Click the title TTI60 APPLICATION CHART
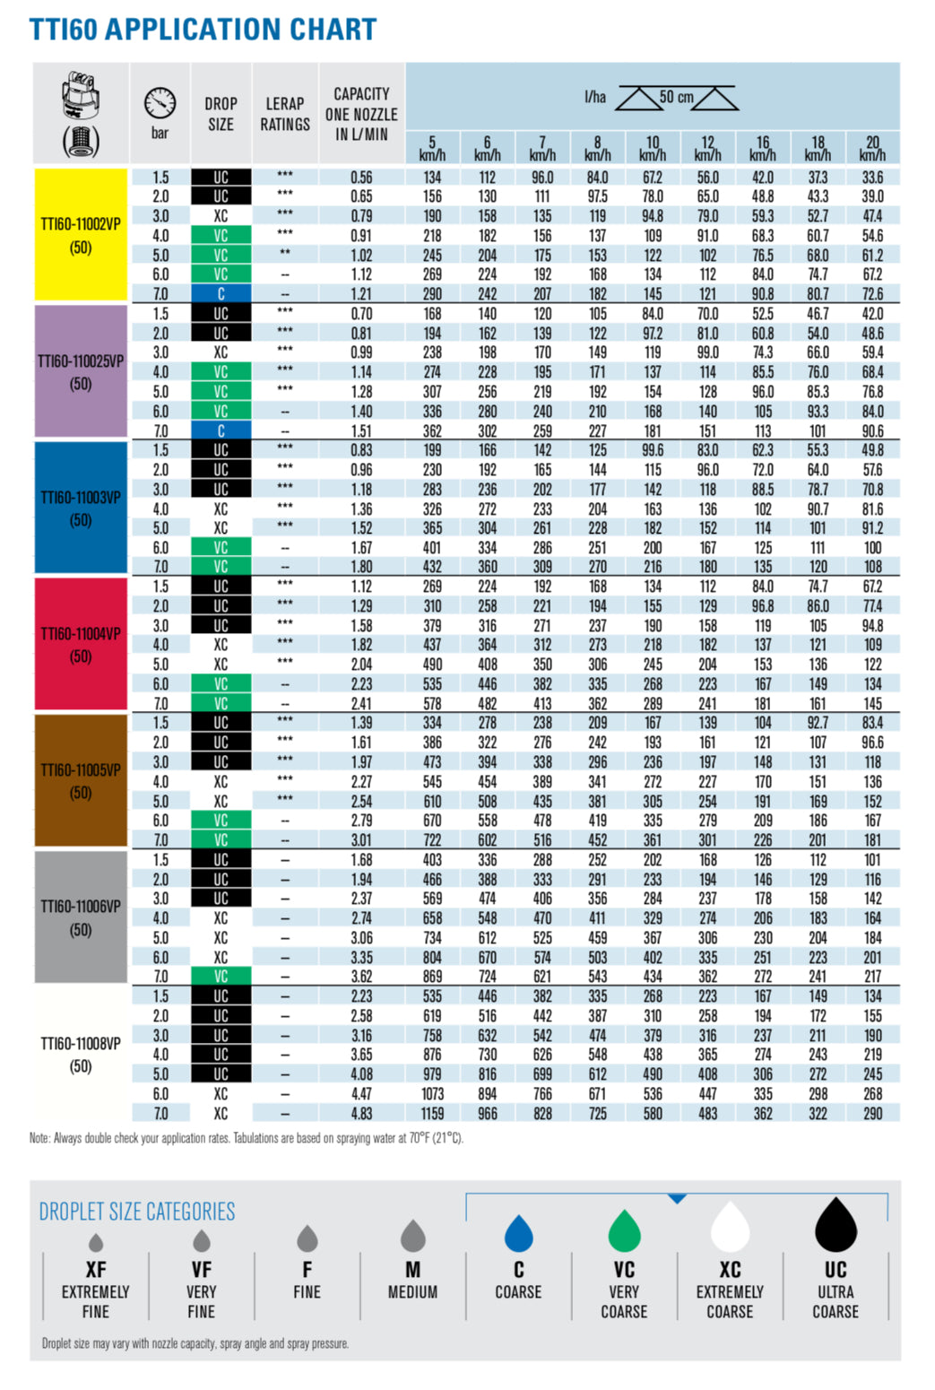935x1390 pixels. (x=203, y=30)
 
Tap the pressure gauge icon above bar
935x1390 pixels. (x=160, y=103)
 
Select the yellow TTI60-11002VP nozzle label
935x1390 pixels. (x=81, y=235)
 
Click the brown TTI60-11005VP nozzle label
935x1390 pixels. (x=81, y=780)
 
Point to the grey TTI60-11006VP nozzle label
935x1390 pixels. (x=81, y=917)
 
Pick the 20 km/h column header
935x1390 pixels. (x=872, y=148)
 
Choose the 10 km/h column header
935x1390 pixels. (x=653, y=148)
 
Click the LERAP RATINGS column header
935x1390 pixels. (x=285, y=114)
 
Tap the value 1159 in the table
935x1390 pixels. (x=432, y=1114)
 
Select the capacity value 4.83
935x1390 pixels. (x=361, y=1114)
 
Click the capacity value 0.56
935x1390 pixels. (x=361, y=178)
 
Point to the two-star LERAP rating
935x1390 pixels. (x=285, y=255)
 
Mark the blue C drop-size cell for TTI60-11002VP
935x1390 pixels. (x=221, y=294)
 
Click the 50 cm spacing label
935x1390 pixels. (x=677, y=97)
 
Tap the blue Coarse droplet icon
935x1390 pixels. (x=519, y=1233)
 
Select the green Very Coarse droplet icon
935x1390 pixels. (x=624, y=1231)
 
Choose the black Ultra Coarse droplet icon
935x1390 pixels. (x=835, y=1226)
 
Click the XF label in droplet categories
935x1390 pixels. (x=96, y=1270)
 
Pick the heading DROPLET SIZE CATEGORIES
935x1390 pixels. (x=137, y=1212)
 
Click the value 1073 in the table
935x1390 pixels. (x=432, y=1094)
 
